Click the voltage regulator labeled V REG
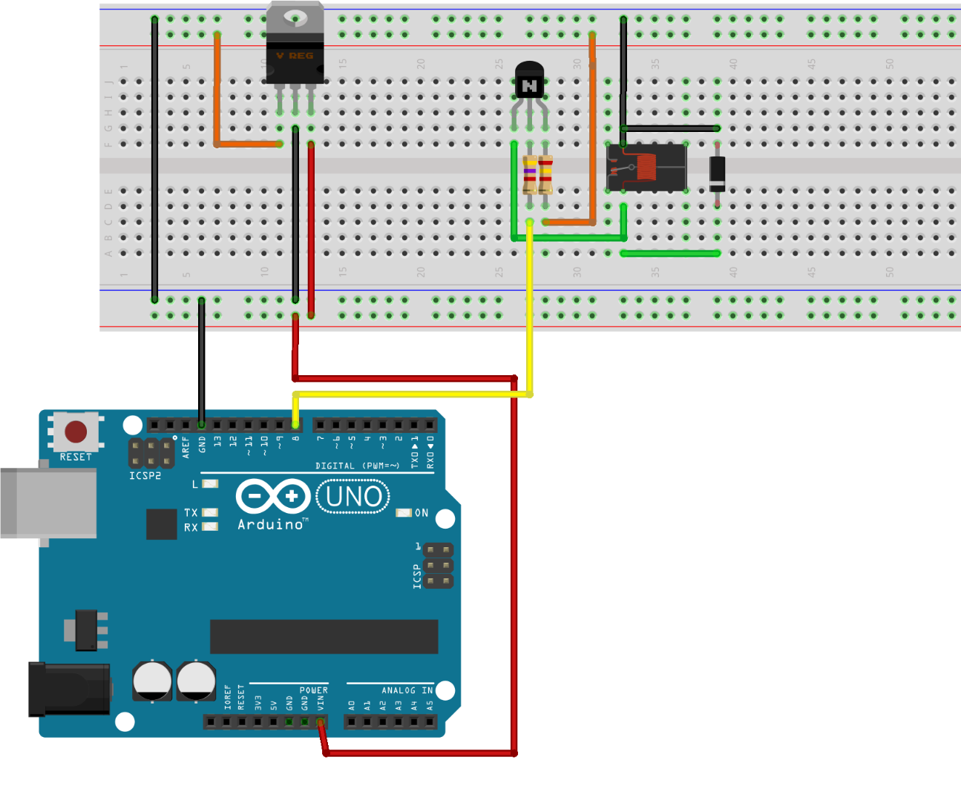click(295, 52)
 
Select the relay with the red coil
click(646, 168)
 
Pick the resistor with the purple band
click(529, 173)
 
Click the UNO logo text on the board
click(353, 497)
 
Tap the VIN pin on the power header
click(321, 721)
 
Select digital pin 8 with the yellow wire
click(295, 425)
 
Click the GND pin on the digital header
click(201, 425)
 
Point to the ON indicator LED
click(404, 512)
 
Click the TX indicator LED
click(210, 512)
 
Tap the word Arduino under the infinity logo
click(270, 525)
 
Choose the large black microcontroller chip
click(324, 637)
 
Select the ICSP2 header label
click(145, 476)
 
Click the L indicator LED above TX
click(210, 484)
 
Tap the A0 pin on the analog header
click(352, 721)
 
